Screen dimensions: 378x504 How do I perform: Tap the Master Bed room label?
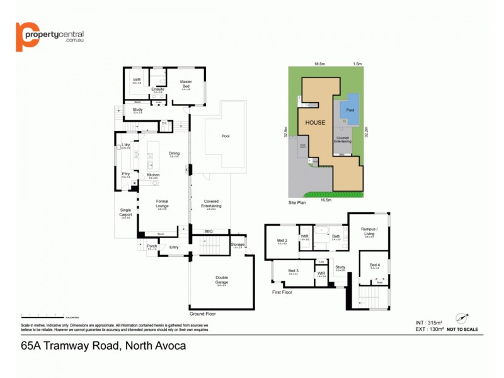coord(186,83)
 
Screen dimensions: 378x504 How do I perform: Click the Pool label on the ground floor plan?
coord(226,135)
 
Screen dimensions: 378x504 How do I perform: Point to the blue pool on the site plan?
coord(350,110)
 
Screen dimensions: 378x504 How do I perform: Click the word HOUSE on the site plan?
coord(316,122)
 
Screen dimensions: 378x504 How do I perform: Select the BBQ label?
coord(209,231)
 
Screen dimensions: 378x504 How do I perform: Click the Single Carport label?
coord(125,212)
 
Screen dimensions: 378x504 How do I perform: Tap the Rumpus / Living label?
coord(370,231)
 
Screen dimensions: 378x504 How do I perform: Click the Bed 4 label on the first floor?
coord(375,265)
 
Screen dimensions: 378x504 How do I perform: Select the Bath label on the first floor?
coord(336,237)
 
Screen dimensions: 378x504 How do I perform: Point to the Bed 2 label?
coord(282,241)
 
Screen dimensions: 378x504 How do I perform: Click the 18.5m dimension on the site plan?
coord(320,64)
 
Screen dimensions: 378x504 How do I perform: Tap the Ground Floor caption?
coord(202,313)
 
